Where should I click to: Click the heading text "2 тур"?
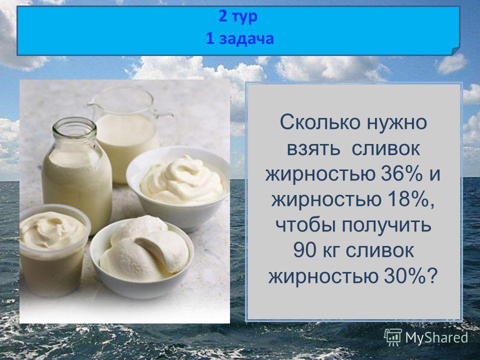(x=238, y=16)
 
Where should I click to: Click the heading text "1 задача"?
(x=239, y=39)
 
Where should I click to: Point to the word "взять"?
(x=313, y=149)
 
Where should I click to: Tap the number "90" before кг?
(x=304, y=250)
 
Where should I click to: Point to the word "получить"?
(x=386, y=225)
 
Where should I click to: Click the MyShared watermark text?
(x=436, y=337)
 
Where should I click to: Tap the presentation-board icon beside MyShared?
(x=393, y=337)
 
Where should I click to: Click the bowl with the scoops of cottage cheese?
(x=142, y=257)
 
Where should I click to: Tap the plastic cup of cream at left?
(x=54, y=250)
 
